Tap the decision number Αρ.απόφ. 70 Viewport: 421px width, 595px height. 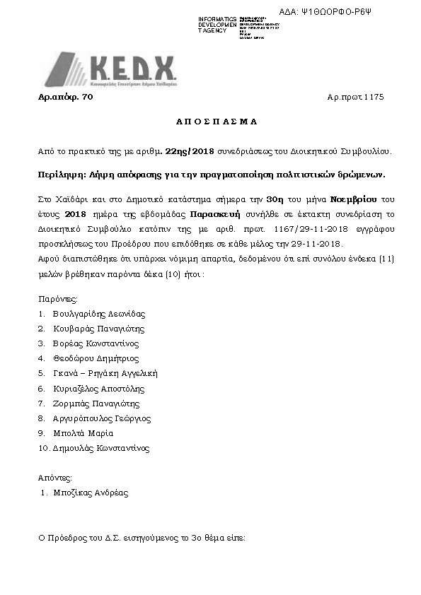[x=65, y=97]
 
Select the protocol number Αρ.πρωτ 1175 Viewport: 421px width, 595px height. [x=355, y=97]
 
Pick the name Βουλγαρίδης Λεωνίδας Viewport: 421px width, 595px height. [x=98, y=314]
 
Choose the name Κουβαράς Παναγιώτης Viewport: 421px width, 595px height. [x=98, y=329]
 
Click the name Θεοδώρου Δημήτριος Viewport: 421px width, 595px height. [x=95, y=358]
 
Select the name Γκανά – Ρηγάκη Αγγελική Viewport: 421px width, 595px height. [x=105, y=373]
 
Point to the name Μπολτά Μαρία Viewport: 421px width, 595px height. [x=83, y=433]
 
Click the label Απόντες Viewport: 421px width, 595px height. [x=55, y=478]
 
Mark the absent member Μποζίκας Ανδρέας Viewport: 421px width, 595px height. [x=91, y=493]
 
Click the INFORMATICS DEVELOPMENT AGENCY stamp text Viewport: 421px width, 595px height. [x=217, y=25]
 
